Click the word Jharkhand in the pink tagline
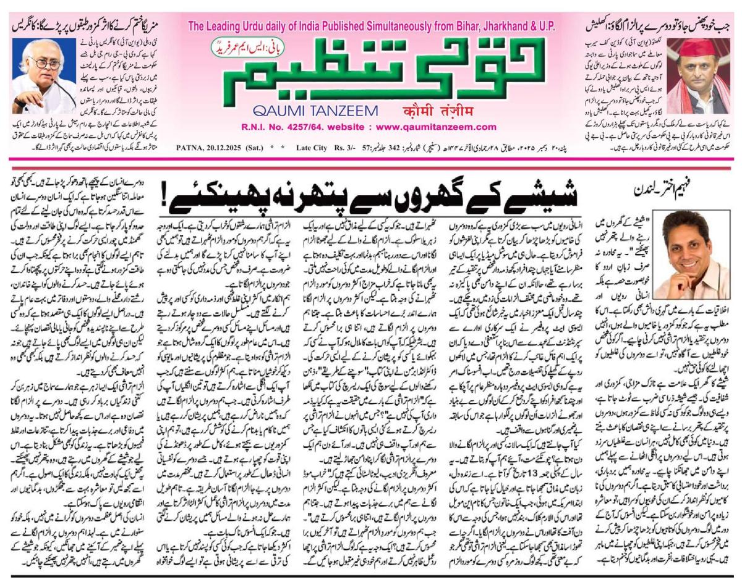click(501, 27)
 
